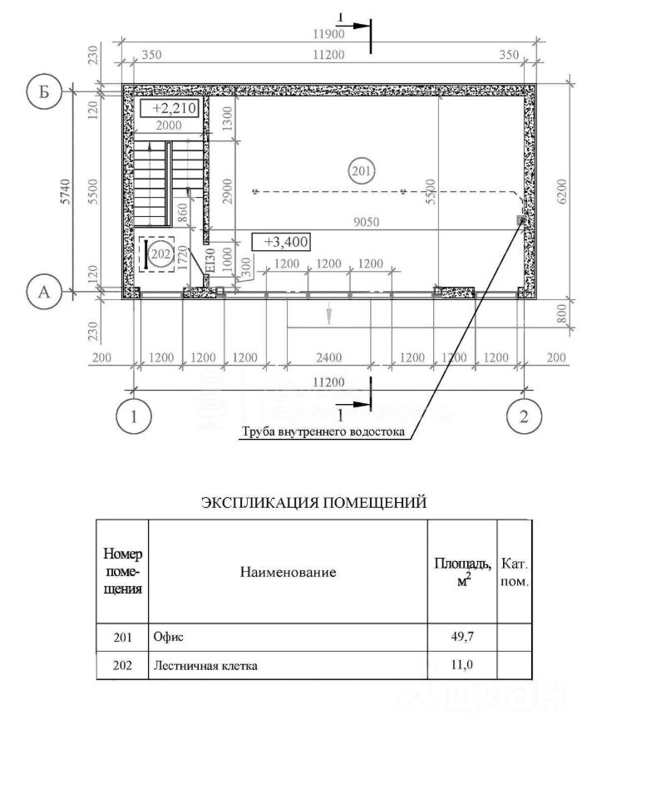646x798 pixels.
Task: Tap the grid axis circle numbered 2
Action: [523, 416]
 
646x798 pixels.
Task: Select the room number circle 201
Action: [361, 172]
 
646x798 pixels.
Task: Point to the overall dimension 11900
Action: [327, 35]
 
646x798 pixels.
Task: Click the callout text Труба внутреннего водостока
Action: [323, 432]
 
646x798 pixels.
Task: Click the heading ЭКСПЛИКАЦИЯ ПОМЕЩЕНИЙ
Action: [314, 502]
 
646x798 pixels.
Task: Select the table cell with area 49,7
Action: [461, 637]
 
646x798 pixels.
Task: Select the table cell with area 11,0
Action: [461, 665]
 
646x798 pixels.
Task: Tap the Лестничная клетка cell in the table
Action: [205, 665]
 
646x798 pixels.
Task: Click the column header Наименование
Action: [288, 572]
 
